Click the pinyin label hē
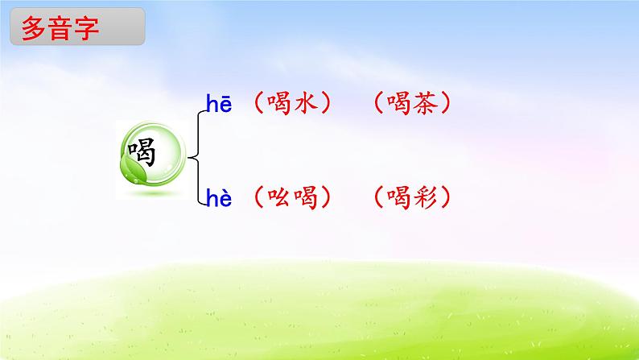coord(218,104)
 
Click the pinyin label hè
coord(218,198)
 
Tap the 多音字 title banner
coord(77,31)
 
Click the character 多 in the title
coord(34,31)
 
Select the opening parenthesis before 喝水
coord(257,104)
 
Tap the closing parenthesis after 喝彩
coord(447,198)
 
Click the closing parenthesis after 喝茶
coord(447,104)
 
